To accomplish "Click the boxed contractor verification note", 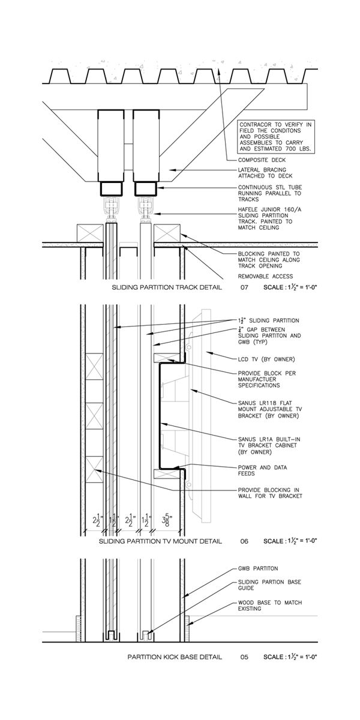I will coord(276,137).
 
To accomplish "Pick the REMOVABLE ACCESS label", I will coord(266,276).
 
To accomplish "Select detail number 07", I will coord(244,288).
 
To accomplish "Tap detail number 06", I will coord(244,541).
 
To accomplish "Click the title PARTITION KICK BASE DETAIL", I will coord(175,657).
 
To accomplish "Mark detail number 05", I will coord(244,657).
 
